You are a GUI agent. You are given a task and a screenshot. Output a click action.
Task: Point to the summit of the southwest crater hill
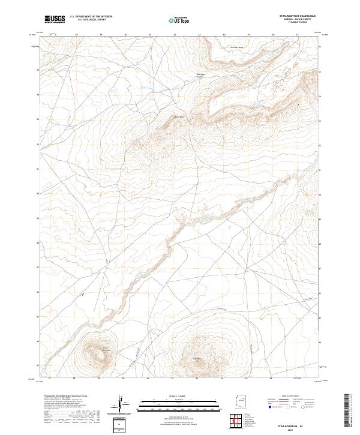[98, 352]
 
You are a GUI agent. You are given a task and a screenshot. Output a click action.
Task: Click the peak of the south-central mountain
[199, 358]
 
